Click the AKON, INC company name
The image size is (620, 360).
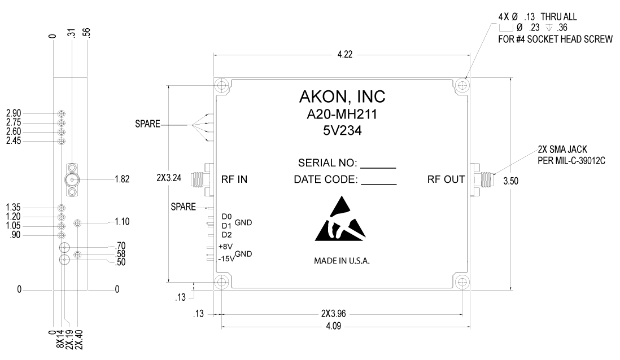tap(342, 96)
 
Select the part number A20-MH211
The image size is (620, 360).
tap(342, 115)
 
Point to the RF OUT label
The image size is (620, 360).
tap(446, 180)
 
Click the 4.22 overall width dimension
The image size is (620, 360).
tap(342, 55)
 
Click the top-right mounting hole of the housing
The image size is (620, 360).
tap(463, 86)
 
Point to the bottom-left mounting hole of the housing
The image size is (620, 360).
tap(221, 283)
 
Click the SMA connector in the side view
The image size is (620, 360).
tap(72, 180)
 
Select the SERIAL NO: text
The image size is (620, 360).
tap(328, 164)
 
